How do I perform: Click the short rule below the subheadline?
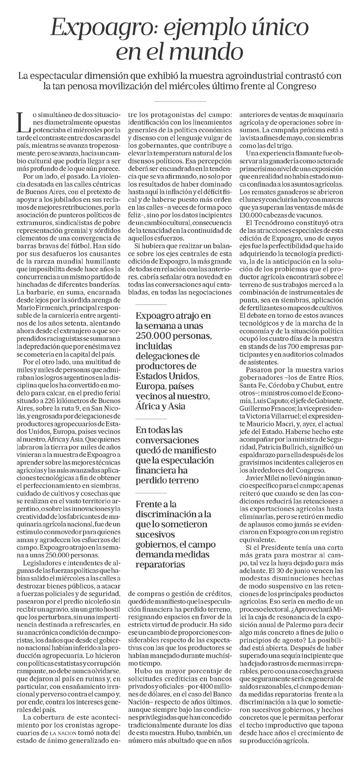tap(180, 101)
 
